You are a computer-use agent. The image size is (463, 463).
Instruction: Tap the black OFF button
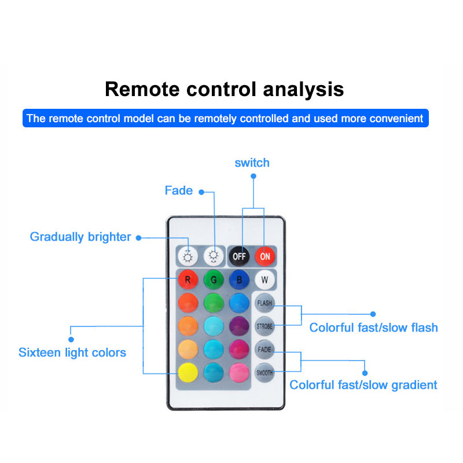(x=238, y=255)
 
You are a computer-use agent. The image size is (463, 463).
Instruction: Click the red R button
(x=188, y=280)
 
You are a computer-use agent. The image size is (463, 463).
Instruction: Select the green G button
(x=214, y=280)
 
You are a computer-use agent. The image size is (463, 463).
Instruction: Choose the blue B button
(x=239, y=280)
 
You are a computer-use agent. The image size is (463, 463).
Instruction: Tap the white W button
(x=264, y=280)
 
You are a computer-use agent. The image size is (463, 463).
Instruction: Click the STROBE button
(x=264, y=326)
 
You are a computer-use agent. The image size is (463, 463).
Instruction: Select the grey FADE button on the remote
(x=264, y=350)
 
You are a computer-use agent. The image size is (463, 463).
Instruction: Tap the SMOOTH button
(x=264, y=373)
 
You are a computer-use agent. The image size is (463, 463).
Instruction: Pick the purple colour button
(x=239, y=326)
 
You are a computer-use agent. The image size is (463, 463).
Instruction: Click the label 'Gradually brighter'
(x=80, y=237)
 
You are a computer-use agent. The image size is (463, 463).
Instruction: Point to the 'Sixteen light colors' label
(x=72, y=352)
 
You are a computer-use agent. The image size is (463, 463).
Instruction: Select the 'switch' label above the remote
(x=252, y=163)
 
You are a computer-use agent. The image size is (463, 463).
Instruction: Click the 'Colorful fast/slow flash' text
(x=373, y=328)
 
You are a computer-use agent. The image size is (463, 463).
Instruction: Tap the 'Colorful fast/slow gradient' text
(x=363, y=385)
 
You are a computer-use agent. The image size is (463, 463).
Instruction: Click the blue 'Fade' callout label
(x=179, y=190)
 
